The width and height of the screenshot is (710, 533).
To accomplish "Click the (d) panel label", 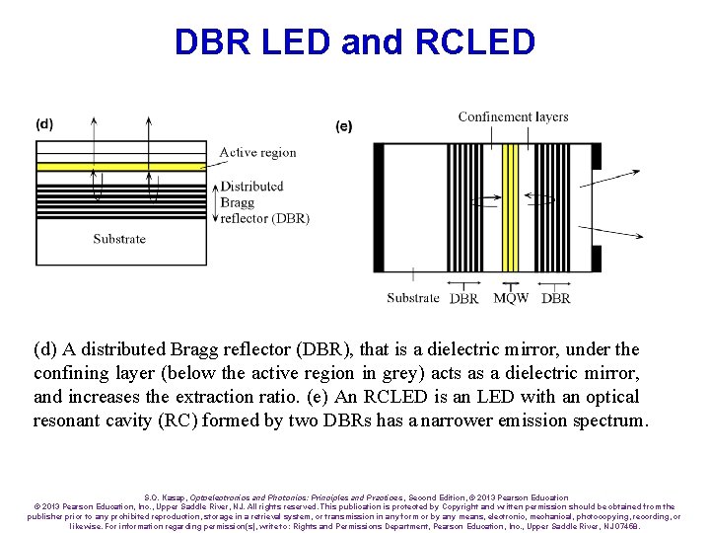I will [44, 124].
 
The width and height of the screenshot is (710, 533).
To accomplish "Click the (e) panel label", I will [344, 126].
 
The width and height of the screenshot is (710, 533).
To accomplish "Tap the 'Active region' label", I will [257, 152].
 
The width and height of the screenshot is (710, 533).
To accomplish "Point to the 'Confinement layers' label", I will [513, 116].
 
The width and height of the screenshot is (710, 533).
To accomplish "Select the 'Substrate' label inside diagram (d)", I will [119, 239].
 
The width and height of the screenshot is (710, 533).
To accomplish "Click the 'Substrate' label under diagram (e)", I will [413, 298].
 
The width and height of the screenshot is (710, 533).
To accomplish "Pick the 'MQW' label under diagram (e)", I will [510, 298].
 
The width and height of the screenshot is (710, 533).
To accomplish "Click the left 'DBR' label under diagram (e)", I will [463, 298].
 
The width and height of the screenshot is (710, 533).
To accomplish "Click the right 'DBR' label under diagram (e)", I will [556, 298].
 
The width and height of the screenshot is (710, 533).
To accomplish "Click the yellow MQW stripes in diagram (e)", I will [510, 207].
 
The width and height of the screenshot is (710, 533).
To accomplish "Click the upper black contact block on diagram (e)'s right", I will [596, 156].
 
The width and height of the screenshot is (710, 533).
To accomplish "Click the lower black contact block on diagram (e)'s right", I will [596, 259].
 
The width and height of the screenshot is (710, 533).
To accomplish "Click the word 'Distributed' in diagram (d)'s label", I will [251, 186].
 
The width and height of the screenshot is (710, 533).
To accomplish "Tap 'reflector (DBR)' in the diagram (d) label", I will [264, 218].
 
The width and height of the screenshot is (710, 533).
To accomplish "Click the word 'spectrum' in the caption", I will [604, 420].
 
